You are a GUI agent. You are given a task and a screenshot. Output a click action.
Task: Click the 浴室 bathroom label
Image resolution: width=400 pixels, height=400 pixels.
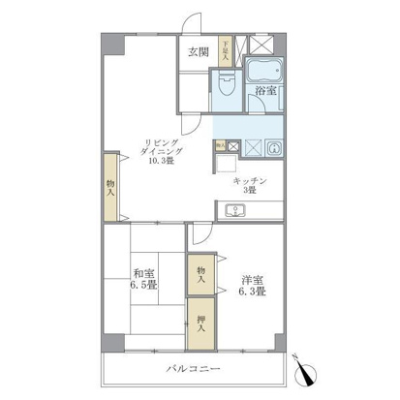265,94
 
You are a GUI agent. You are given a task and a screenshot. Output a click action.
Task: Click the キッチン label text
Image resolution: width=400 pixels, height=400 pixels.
250,181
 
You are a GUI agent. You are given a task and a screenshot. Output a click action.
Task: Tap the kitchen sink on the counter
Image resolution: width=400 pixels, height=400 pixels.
233,210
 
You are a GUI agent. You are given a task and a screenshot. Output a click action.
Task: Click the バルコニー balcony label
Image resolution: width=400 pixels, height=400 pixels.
198,369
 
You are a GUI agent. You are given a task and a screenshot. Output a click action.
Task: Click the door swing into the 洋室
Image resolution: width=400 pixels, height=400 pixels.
200,232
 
